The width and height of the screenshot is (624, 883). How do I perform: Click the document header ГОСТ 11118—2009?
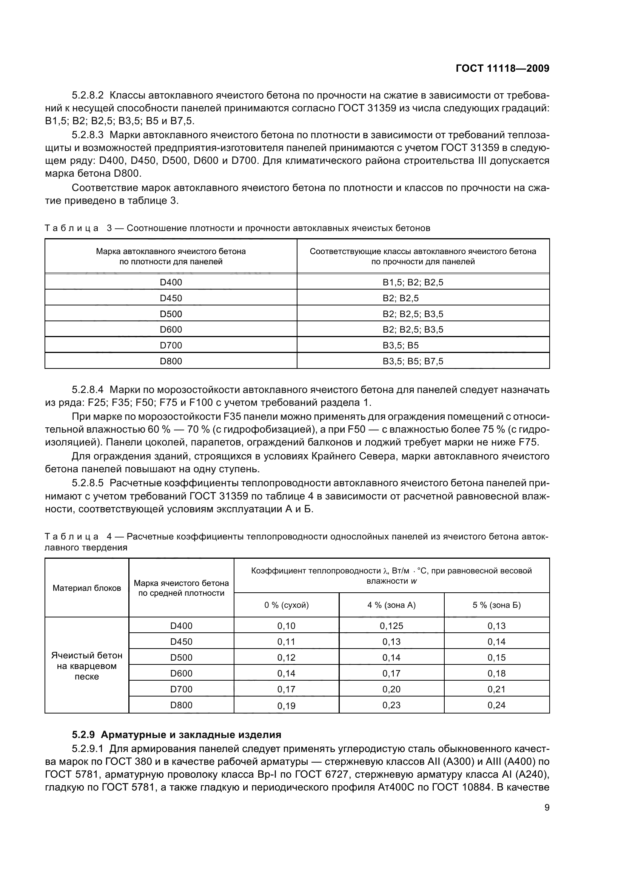pos(502,68)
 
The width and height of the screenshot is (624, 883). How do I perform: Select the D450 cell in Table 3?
pos(171,298)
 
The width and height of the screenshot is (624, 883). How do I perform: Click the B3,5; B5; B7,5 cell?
pos(413,361)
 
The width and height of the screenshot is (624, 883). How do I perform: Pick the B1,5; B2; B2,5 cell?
pos(413,282)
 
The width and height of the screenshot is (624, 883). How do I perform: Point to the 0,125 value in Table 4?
pos(391,626)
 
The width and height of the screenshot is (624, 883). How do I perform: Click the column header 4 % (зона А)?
pos(391,605)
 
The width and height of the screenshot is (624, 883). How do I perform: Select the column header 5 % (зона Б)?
pos(496,605)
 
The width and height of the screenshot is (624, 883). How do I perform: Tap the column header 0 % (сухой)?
pos(287,605)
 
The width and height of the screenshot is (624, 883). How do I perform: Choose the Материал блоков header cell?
pos(87,588)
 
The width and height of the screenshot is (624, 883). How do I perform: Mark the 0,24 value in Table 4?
pos(496,705)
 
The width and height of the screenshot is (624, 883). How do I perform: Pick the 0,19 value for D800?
pos(287,705)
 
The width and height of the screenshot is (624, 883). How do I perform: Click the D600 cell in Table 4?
pos(181,673)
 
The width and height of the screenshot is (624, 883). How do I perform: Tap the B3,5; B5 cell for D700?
pos(400,345)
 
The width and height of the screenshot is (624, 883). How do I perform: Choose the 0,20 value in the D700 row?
pos(391,689)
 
